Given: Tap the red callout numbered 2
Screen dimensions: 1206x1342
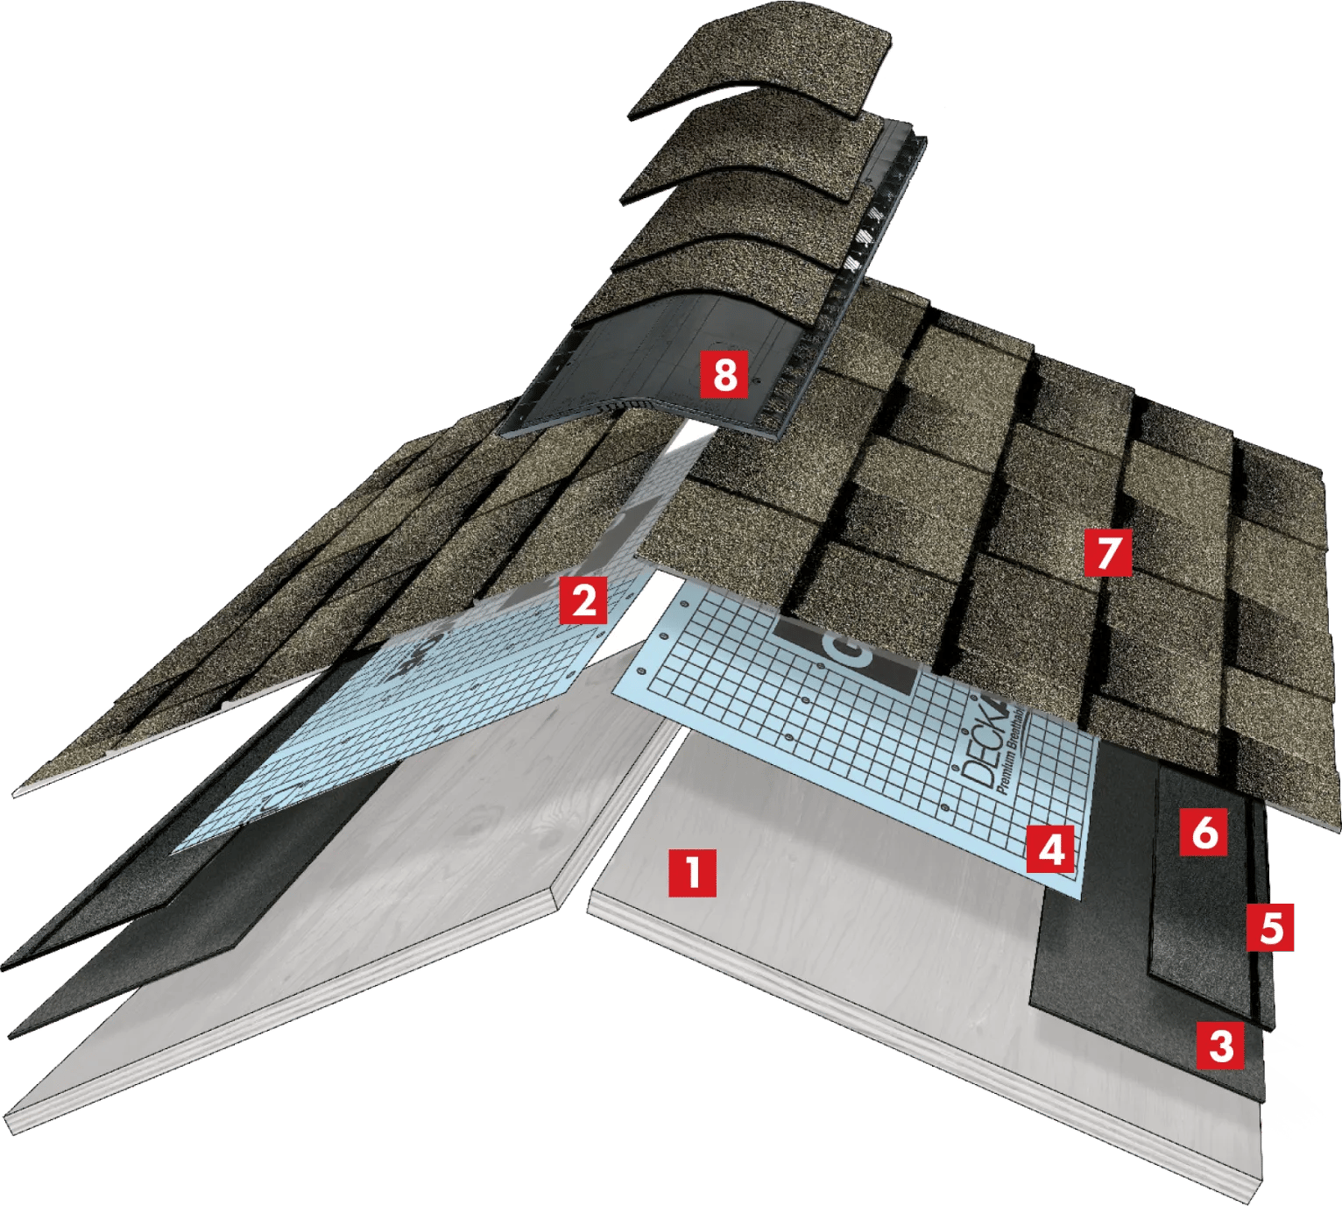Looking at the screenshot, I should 584,600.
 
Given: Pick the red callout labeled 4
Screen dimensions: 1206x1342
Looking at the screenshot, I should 1051,848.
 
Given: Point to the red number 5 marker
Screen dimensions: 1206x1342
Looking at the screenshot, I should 1270,928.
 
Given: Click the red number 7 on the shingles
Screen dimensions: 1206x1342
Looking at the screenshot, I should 1107,552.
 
